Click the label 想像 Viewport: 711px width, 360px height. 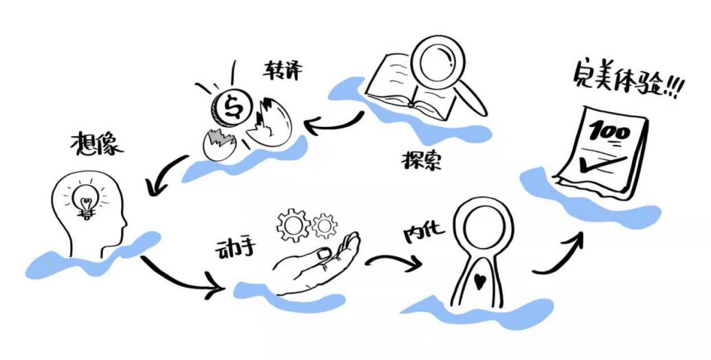(97, 144)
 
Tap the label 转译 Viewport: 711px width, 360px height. (282, 69)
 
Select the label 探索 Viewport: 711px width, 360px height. (421, 160)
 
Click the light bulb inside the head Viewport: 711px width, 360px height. (87, 200)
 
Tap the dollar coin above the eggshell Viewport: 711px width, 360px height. (232, 107)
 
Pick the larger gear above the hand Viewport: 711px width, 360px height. (293, 224)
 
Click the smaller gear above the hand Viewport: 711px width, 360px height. (325, 225)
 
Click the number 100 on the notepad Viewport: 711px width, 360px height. (609, 132)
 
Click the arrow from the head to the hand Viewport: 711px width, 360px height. (181, 278)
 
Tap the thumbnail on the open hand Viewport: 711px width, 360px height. (324, 254)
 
